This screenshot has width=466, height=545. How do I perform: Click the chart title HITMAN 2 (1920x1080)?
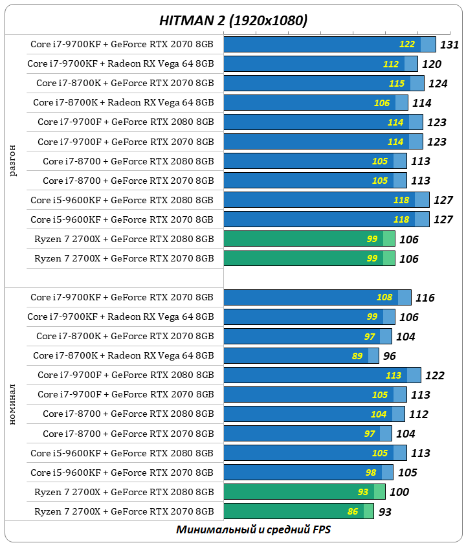coord(233,21)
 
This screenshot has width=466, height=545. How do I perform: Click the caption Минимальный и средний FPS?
coord(253,529)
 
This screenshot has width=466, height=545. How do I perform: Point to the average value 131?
coord(449,45)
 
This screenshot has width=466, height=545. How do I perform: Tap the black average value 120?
coord(432,64)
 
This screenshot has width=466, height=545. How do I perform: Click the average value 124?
coord(438,83)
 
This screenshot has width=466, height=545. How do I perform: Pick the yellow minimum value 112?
coord(391,64)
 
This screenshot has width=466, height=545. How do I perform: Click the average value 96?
coord(389,356)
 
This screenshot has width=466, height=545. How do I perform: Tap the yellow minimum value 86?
coord(353,511)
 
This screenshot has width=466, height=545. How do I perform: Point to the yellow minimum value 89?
coord(357,356)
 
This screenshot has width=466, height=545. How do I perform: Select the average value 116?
coord(425,298)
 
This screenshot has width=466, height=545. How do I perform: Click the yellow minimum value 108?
coord(384,298)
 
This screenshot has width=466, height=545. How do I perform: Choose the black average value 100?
coord(399,492)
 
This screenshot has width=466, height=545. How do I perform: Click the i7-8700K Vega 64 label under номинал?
coord(123,355)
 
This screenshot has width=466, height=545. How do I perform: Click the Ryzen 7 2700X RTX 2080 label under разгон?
coord(124,239)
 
